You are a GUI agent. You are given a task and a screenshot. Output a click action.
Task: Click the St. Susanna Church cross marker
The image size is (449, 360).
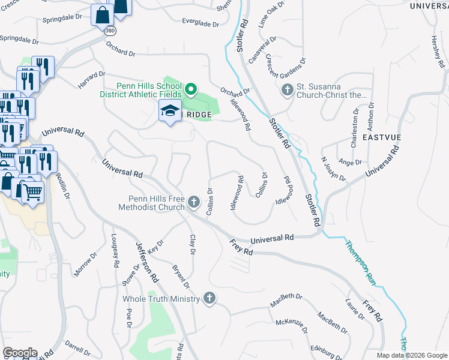287,91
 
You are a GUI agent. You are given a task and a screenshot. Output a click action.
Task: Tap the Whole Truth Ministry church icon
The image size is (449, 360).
209,298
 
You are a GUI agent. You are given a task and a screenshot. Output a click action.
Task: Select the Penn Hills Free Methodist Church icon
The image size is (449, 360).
193,202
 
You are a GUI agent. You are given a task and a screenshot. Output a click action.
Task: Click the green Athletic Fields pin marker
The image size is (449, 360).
190,90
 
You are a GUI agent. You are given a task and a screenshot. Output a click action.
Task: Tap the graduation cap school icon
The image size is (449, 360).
170,111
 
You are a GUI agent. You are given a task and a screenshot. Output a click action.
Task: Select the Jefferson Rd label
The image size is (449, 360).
147,262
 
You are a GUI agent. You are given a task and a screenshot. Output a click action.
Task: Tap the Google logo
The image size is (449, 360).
20,353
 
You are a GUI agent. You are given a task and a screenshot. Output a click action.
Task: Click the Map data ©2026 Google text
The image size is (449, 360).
411,355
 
